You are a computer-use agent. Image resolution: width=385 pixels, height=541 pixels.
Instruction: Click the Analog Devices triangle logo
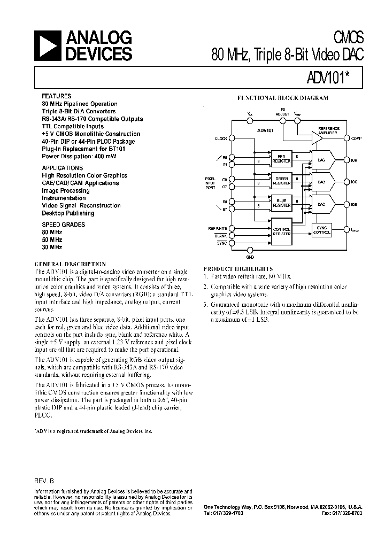pyautogui.click(x=48, y=47)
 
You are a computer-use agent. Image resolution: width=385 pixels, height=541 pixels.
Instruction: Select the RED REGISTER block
pyautogui.click(x=281, y=159)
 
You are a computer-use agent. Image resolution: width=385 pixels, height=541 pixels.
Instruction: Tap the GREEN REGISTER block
pyautogui.click(x=281, y=181)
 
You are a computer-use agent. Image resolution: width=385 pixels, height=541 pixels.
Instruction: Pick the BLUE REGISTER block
pyautogui.click(x=281, y=203)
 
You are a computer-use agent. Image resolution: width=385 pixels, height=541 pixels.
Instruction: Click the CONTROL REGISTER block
pyautogui.click(x=281, y=231)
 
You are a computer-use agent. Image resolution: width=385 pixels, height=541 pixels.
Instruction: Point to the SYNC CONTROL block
pyautogui.click(x=322, y=230)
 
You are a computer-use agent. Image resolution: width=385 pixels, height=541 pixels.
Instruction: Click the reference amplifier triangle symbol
pyautogui.click(x=317, y=138)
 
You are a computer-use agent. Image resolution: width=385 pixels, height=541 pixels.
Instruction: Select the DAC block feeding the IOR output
pyautogui.click(x=322, y=159)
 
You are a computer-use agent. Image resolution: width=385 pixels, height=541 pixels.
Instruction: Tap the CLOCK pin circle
pyautogui.click(x=230, y=138)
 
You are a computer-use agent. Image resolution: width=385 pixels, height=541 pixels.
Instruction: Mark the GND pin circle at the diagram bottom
pyautogui.click(x=250, y=250)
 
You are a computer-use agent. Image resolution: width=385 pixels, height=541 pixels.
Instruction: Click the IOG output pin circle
pyautogui.click(x=348, y=182)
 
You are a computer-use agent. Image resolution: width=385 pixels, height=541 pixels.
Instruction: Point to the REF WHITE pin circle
pyautogui.click(x=230, y=228)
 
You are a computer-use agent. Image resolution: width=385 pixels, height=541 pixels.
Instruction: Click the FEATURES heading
pyautogui.click(x=56, y=96)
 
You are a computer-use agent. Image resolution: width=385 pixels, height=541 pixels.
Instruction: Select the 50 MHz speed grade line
pyautogui.click(x=52, y=240)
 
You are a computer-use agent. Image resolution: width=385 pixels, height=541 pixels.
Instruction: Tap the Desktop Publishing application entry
pyautogui.click(x=68, y=213)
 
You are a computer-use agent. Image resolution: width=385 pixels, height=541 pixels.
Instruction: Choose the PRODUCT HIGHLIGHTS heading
pyautogui.click(x=238, y=268)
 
